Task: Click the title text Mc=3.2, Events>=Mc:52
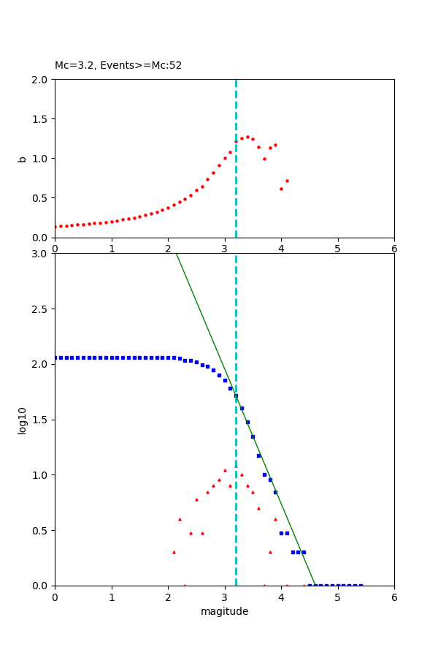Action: (x=118, y=66)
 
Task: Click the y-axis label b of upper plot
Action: (x=22, y=158)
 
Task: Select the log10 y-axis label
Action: (x=22, y=420)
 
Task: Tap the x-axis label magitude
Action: (x=224, y=611)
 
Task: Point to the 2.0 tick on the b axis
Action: (x=41, y=79)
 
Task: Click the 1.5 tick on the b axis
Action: (x=41, y=118)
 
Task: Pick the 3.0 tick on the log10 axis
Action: (x=41, y=254)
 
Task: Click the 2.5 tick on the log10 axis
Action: (x=41, y=309)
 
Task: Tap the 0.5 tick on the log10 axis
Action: (x=41, y=530)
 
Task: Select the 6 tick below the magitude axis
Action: (x=394, y=597)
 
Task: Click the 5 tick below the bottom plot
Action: (x=337, y=597)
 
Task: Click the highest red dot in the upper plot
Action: (x=247, y=137)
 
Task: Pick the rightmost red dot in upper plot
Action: (x=287, y=181)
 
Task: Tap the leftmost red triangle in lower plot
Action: (x=174, y=552)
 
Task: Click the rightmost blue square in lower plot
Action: (x=361, y=585)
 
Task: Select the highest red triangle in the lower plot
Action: (x=225, y=470)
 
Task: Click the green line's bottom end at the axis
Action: (x=315, y=585)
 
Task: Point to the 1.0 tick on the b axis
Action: (x=41, y=158)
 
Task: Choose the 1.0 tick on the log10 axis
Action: (x=41, y=475)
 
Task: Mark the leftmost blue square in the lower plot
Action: (x=55, y=358)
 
